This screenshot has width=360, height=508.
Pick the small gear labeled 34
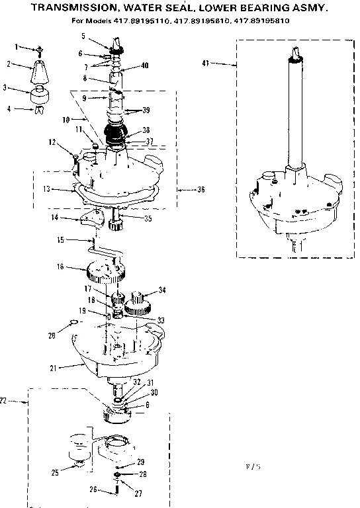click(140, 302)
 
